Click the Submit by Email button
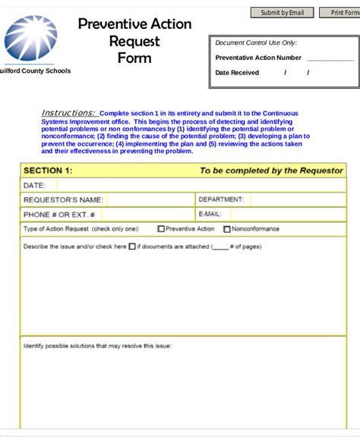(x=282, y=13)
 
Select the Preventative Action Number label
(x=258, y=58)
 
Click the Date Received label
(x=237, y=73)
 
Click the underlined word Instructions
(x=68, y=112)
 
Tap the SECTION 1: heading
(x=48, y=171)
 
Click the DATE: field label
(x=34, y=185)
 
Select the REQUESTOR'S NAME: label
(x=63, y=200)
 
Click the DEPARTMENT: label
(x=221, y=200)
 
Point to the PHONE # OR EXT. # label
(x=59, y=214)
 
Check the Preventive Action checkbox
(x=161, y=228)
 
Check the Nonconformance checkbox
(x=226, y=228)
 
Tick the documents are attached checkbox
(x=132, y=246)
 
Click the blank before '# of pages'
(x=220, y=247)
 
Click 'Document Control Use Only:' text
(x=256, y=43)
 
